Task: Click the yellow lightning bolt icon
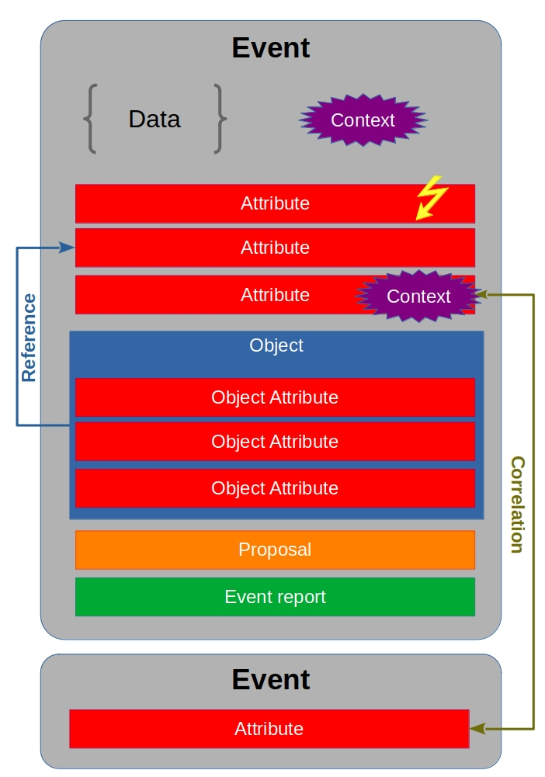[x=430, y=197]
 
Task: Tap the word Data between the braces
[x=154, y=119]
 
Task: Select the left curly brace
[x=90, y=119]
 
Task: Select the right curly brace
[x=220, y=119]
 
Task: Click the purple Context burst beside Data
[x=363, y=120]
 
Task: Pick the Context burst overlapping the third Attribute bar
[x=418, y=296]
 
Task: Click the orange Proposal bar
[x=275, y=550]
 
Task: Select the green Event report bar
[x=275, y=597]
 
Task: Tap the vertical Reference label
[x=30, y=338]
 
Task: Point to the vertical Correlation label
[x=517, y=504]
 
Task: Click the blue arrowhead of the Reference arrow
[x=68, y=248]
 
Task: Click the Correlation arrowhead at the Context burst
[x=481, y=294]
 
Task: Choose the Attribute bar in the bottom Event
[x=269, y=729]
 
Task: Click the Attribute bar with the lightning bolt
[x=275, y=203]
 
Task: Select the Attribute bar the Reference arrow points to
[x=275, y=248]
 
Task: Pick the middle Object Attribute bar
[x=275, y=442]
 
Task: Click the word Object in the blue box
[x=276, y=345]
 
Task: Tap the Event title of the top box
[x=271, y=48]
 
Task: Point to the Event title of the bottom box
[x=271, y=680]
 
